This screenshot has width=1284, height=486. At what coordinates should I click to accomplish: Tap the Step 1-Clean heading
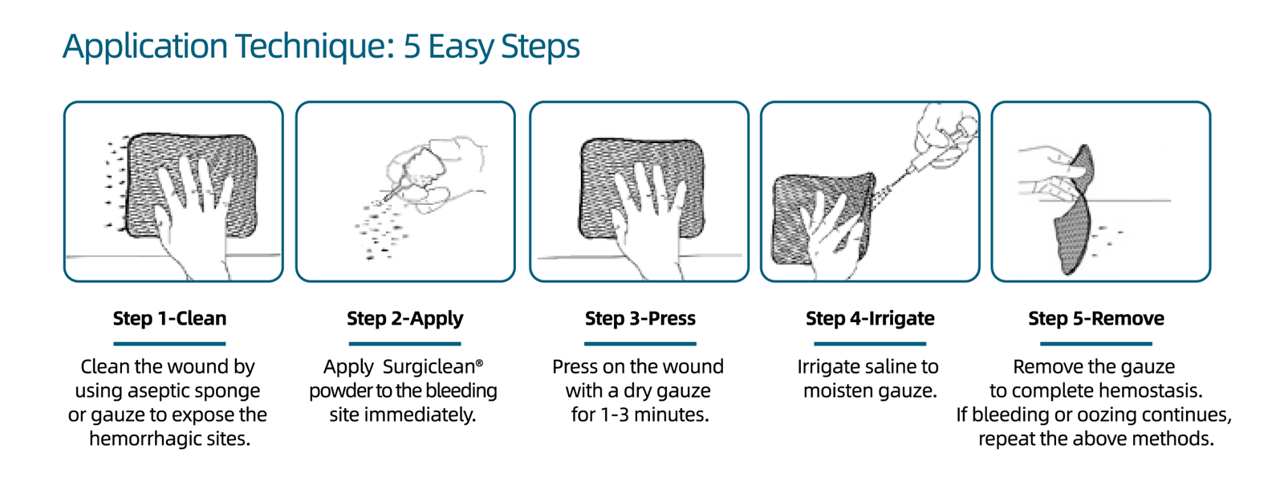[x=169, y=318]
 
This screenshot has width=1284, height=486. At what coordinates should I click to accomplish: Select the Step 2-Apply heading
[x=405, y=319]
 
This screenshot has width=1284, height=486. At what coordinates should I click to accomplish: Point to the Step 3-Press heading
[x=640, y=318]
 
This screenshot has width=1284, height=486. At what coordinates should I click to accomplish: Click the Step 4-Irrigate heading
[x=870, y=319]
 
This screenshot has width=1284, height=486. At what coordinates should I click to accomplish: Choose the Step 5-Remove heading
[x=1096, y=318]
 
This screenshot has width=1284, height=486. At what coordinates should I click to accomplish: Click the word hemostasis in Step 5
[x=1148, y=390]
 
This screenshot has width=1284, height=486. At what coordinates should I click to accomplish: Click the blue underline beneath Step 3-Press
[x=640, y=344]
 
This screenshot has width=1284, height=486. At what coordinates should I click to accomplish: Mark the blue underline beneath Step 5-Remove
[x=1096, y=344]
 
